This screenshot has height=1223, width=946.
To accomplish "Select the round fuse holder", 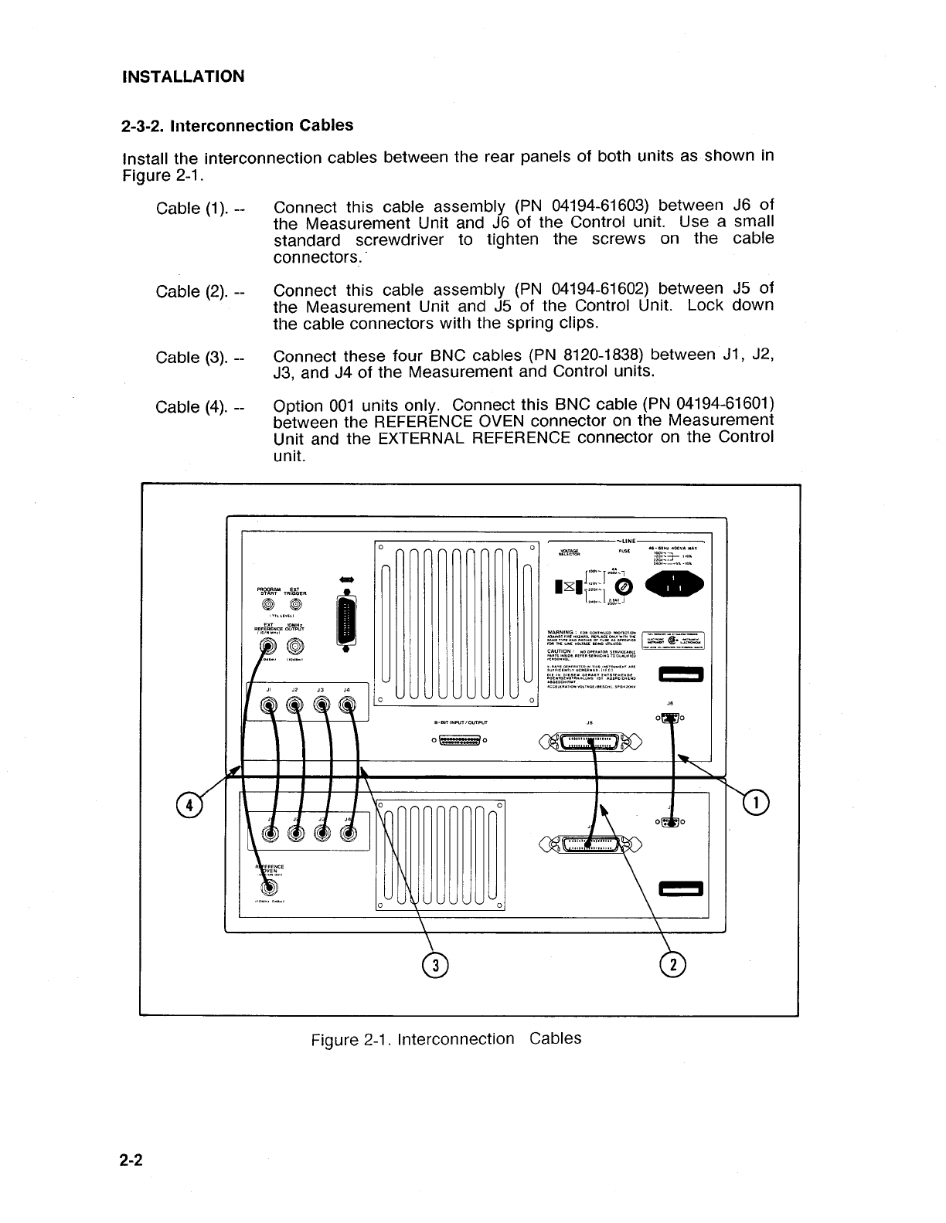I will (x=624, y=588).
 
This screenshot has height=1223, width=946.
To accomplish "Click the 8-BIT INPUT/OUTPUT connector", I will (x=461, y=742).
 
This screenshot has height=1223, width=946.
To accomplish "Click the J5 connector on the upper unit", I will (x=591, y=744).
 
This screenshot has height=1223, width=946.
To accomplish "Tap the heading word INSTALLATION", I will (x=183, y=76).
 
